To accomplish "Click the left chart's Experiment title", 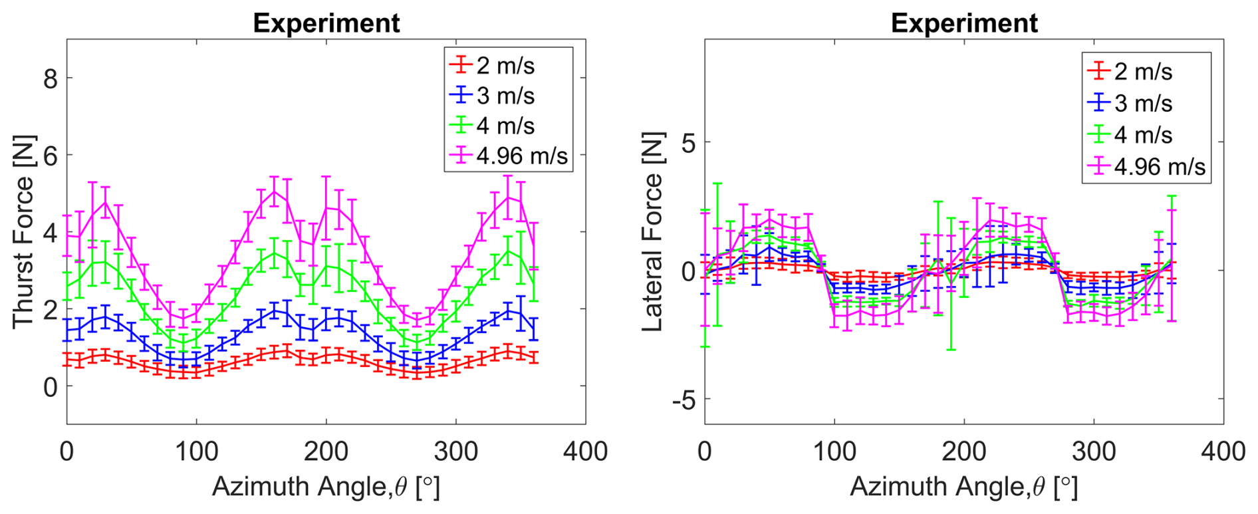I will (x=326, y=23).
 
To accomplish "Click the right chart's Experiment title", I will (x=963, y=23).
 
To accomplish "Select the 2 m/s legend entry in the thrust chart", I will (x=505, y=66).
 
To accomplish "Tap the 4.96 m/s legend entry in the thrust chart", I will (x=522, y=156).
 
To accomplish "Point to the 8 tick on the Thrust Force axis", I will (x=51, y=80).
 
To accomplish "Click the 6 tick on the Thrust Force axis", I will (x=51, y=156).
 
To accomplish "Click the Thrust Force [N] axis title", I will (x=23, y=231).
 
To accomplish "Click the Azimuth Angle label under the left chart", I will (x=326, y=487).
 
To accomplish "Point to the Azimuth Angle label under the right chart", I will (x=963, y=487).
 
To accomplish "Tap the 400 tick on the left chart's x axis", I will (x=585, y=452).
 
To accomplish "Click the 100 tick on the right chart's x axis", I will (x=834, y=452).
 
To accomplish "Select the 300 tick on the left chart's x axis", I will (x=455, y=452).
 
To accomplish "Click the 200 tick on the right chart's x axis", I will (x=964, y=452).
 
